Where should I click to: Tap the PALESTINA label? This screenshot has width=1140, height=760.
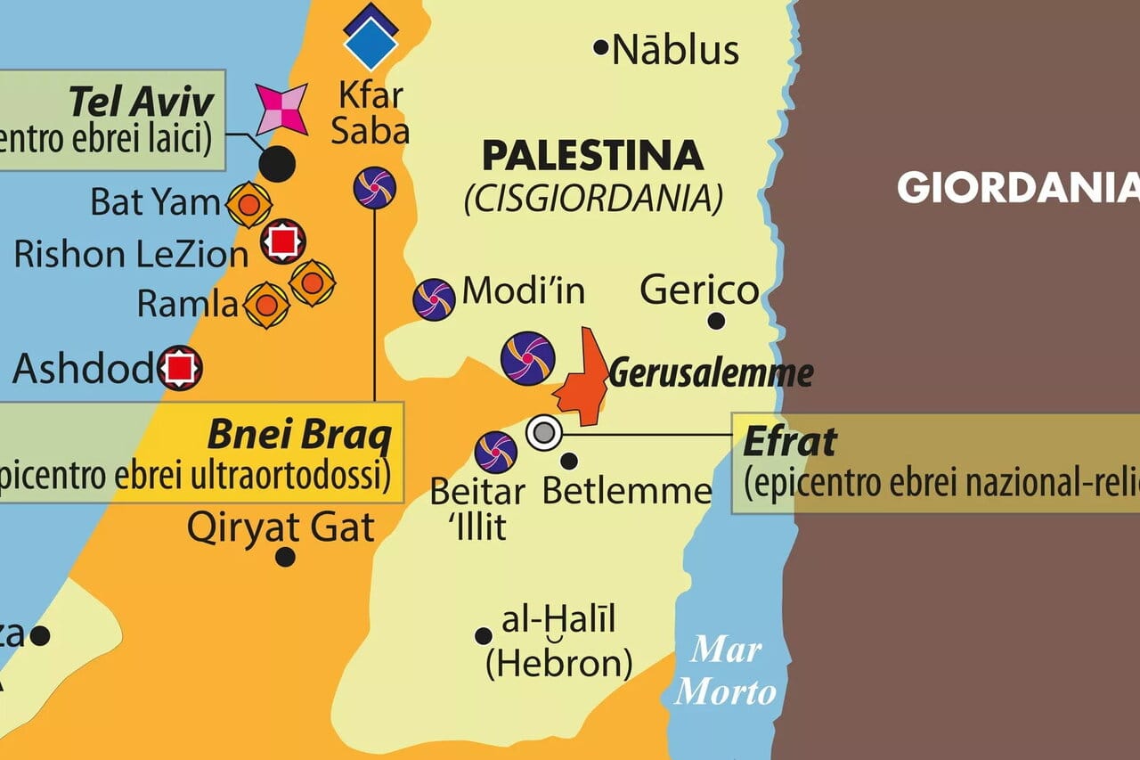[592, 157]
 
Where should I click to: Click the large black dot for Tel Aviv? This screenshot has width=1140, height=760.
[277, 163]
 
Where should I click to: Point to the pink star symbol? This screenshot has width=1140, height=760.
[281, 110]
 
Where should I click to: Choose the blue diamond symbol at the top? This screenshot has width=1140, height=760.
[370, 37]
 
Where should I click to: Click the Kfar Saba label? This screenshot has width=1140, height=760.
[372, 112]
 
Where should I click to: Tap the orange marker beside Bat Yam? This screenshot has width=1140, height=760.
[249, 205]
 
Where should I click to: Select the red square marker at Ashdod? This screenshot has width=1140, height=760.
[181, 367]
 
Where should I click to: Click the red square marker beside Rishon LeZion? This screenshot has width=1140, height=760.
[283, 241]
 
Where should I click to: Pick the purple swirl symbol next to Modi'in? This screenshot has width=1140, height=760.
[434, 299]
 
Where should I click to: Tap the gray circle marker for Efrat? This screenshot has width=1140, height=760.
[543, 434]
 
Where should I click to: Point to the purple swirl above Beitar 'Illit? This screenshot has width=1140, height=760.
[496, 452]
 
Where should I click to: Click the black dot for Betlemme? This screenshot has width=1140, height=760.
[569, 461]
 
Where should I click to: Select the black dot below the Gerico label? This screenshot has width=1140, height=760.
[716, 321]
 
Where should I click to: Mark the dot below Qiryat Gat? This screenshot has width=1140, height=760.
[285, 557]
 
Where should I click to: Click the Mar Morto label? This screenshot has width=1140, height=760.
[726, 670]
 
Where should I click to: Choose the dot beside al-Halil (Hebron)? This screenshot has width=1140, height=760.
[484, 636]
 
